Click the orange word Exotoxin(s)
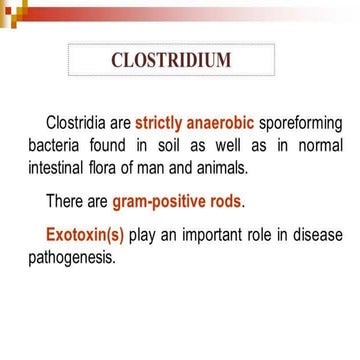85,235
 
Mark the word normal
318,146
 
